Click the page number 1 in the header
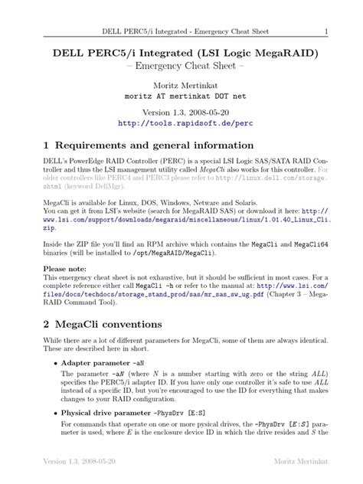coord(326,31)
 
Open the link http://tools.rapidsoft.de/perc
coord(181,123)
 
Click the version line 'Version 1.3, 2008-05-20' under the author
coord(181,109)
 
